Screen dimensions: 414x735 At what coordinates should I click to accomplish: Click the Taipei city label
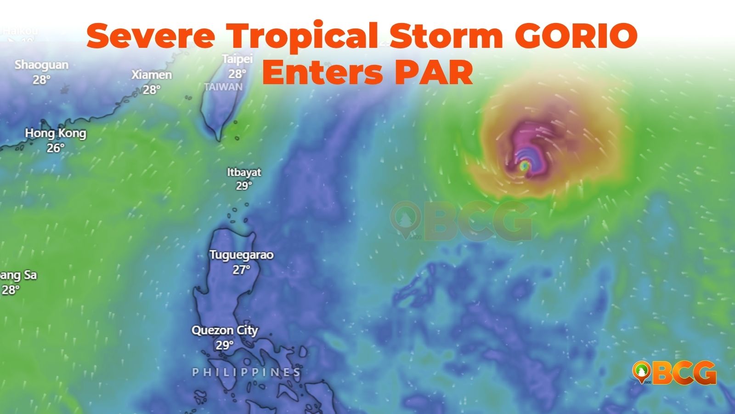point(237,59)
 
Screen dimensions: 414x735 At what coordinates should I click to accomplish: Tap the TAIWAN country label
point(223,87)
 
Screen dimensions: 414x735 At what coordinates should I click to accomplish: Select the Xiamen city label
point(152,75)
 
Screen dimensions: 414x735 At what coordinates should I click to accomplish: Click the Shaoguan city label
point(41,65)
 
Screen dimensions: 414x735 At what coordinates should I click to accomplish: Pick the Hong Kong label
point(56,133)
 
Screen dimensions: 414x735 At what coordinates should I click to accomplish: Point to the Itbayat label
point(244,172)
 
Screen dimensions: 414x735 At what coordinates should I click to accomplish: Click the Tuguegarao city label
point(241,255)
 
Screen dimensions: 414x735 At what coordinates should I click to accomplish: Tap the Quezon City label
point(225,330)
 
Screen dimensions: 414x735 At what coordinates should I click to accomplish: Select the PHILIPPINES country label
point(247,372)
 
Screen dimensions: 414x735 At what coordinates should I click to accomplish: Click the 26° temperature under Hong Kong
point(56,148)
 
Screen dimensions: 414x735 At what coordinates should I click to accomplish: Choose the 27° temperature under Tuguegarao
point(241,270)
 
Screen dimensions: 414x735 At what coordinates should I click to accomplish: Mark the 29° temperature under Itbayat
point(244,186)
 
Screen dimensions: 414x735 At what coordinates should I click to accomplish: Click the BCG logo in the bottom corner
point(674,373)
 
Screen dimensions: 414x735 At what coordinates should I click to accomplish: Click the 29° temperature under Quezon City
point(225,345)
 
